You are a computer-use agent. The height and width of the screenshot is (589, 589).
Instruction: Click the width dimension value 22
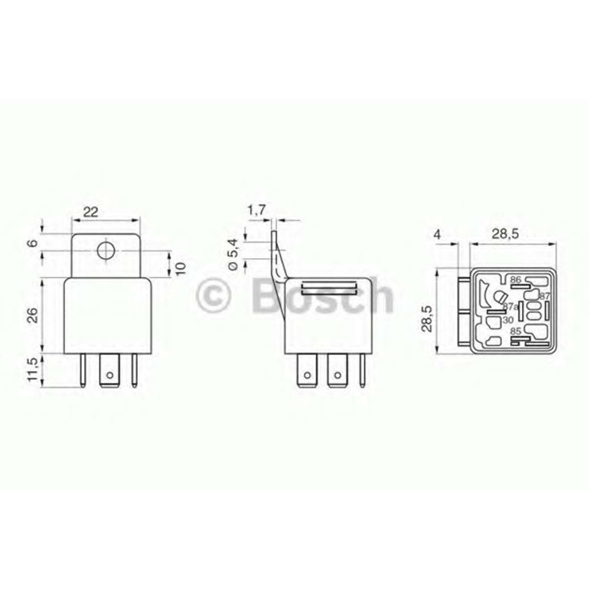tap(90, 213)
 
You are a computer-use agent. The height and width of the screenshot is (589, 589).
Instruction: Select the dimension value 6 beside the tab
tap(34, 243)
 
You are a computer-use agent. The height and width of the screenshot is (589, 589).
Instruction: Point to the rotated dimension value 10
tap(180, 266)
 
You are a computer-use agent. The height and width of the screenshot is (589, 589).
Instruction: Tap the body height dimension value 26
tap(34, 316)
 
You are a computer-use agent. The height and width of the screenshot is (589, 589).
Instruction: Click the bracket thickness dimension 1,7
tap(257, 210)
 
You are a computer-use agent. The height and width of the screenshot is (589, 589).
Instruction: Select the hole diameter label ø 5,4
tap(233, 254)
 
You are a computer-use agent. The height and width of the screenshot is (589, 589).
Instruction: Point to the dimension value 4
tap(436, 234)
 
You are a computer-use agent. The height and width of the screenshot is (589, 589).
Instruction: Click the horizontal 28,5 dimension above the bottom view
tap(505, 234)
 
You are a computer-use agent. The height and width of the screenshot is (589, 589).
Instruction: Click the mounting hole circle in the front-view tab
tap(105, 251)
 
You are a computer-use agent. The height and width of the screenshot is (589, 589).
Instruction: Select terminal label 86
tap(516, 279)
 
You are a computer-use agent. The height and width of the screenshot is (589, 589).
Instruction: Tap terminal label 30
tap(508, 319)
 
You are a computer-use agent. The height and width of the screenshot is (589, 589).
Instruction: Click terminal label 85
tap(516, 332)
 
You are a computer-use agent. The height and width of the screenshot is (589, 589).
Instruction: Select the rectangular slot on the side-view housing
tap(329, 287)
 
